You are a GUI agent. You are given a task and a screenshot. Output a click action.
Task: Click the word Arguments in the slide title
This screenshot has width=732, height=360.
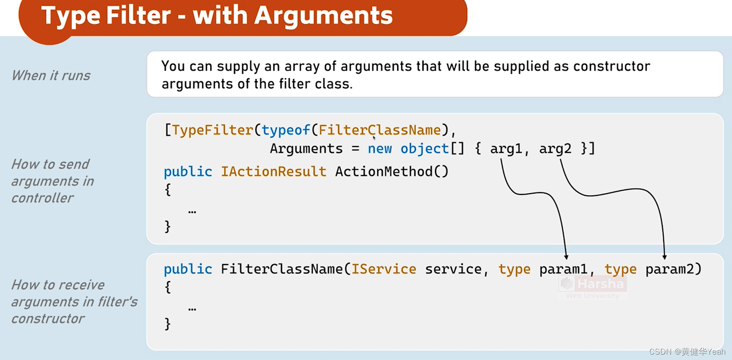tap(323, 16)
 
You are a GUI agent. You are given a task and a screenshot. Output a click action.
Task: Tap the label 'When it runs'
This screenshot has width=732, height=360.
tap(51, 76)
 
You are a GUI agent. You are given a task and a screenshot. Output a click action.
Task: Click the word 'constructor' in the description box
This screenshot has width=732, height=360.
tap(611, 66)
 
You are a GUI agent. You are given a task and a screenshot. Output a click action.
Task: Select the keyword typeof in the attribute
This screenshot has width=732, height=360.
tap(285, 130)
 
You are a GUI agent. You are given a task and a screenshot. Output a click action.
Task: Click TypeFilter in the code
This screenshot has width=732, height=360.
tap(212, 130)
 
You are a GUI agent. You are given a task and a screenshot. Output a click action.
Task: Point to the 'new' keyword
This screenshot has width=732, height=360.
tap(380, 149)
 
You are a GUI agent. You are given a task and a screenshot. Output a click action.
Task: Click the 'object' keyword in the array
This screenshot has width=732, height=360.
tap(424, 149)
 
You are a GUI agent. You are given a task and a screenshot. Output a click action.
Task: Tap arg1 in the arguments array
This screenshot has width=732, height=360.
tap(506, 149)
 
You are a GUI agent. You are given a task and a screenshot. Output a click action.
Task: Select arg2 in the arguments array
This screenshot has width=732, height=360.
tap(555, 149)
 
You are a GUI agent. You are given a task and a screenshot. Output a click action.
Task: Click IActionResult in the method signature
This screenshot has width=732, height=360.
tap(273, 172)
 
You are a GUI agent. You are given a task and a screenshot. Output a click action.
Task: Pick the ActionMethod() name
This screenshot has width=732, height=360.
tap(391, 172)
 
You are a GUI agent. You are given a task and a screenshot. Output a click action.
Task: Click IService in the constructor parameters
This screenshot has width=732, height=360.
tap(384, 269)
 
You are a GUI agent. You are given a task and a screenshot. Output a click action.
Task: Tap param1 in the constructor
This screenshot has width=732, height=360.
tap(563, 269)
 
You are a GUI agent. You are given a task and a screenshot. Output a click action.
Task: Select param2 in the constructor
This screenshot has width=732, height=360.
tap(670, 269)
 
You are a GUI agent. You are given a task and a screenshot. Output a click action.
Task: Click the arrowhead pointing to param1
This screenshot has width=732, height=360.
tap(566, 257)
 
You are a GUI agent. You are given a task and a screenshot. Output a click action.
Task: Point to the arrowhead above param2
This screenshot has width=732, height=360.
tap(664, 257)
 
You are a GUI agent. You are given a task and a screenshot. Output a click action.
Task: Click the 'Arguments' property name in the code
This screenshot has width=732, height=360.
tap(306, 149)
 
